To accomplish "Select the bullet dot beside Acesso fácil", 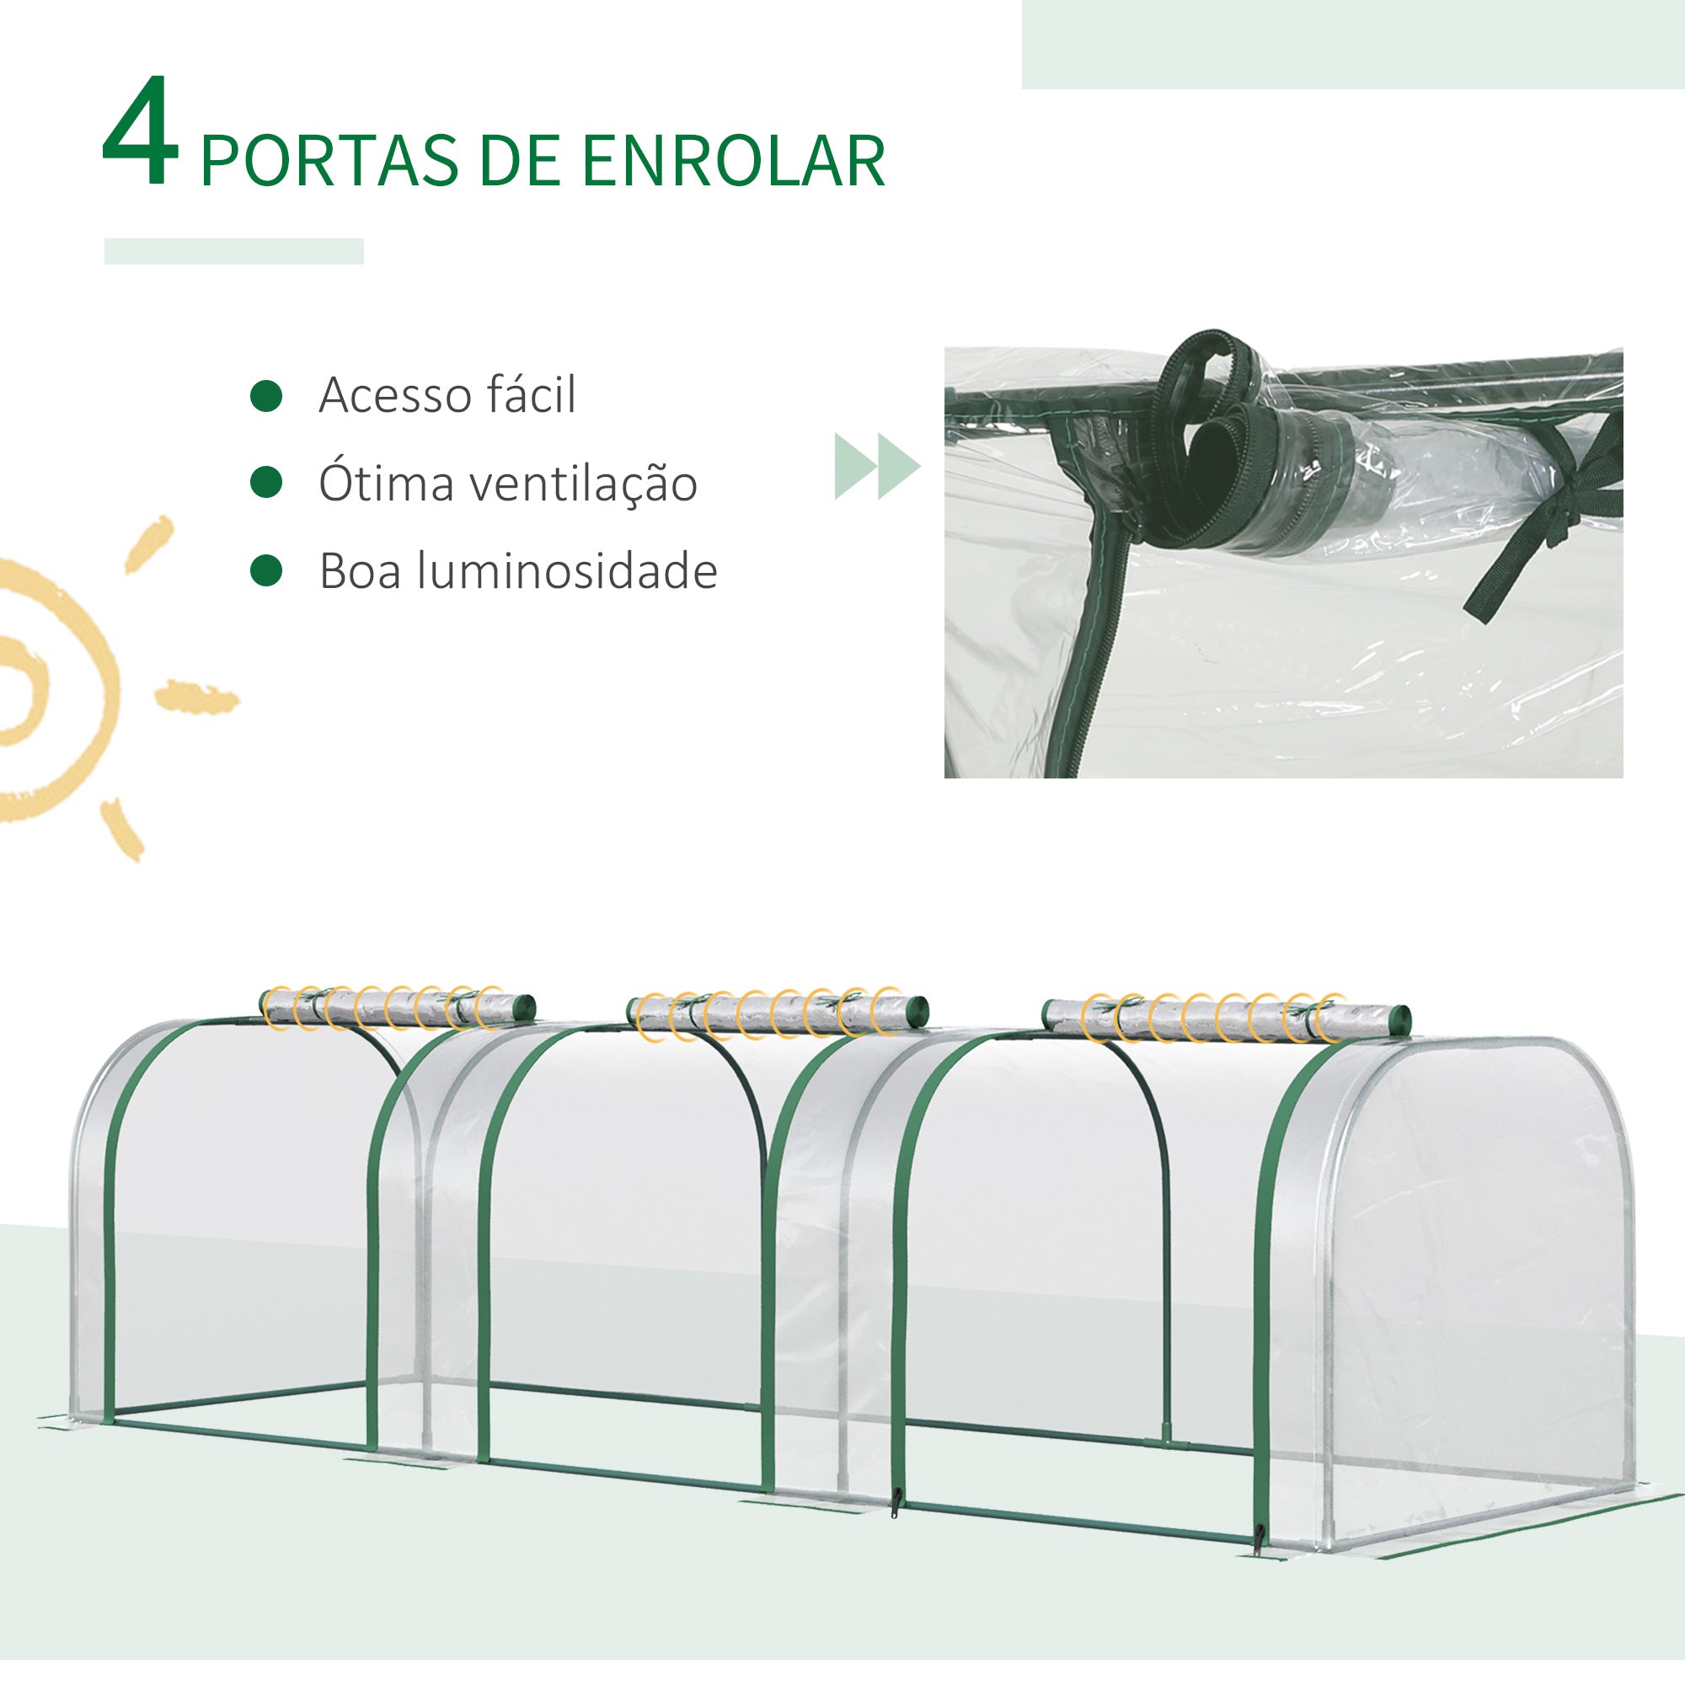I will [266, 395].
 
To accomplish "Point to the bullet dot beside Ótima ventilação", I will [266, 482].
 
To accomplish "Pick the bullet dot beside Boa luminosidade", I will [266, 570].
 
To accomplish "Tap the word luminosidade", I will [567, 571].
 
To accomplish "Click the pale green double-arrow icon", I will [876, 466].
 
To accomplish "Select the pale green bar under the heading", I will [233, 251].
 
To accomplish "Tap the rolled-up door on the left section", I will [397, 1008].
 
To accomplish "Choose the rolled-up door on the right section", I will [1225, 1017].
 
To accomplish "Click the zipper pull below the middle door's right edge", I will [895, 1502].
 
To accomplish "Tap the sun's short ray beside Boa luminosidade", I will [196, 698].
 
